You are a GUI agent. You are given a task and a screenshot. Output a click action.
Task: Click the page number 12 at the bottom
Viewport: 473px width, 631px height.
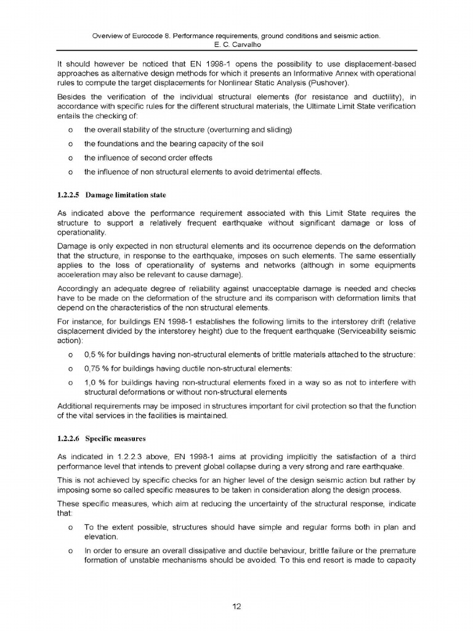(x=236, y=606)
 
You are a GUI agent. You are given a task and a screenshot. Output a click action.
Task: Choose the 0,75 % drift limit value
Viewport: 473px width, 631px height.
(x=97, y=368)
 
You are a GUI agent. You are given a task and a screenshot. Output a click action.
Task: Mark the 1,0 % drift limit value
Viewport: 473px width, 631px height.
(x=95, y=382)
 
